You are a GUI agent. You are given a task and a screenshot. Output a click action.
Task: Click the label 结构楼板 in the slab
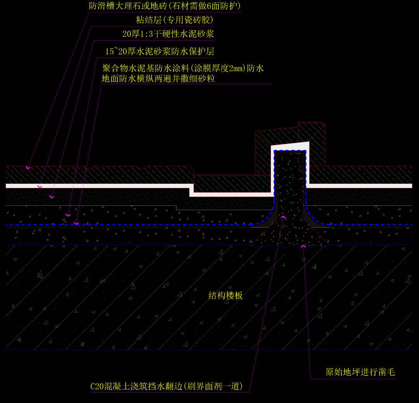point(225,296)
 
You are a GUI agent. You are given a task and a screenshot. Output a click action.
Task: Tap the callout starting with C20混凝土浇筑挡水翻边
point(166,386)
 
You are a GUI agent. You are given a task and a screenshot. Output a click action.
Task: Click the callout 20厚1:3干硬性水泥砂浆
point(168,34)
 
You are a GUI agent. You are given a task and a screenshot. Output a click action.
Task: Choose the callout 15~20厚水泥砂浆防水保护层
point(160,52)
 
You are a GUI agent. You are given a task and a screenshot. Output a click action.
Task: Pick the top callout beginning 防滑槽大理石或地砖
point(165,6)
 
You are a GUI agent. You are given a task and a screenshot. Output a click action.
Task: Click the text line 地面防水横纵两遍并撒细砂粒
point(158,79)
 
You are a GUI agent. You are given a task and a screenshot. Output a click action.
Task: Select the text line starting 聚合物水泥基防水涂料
point(183,69)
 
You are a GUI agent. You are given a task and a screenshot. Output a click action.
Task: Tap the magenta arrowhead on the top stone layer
point(28,167)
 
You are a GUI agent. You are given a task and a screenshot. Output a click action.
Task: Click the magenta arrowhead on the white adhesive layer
point(39,186)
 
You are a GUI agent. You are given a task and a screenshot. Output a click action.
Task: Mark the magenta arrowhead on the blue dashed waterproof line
point(76,223)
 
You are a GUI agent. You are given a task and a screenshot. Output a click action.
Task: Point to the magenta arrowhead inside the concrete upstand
point(283,217)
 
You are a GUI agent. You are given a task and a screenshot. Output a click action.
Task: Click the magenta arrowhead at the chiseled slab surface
point(303,245)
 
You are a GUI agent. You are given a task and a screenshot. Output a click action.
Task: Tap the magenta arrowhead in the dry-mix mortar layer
point(52,197)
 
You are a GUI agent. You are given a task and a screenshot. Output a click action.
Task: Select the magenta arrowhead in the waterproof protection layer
point(68,215)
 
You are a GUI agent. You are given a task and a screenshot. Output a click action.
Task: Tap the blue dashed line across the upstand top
point(290,152)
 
